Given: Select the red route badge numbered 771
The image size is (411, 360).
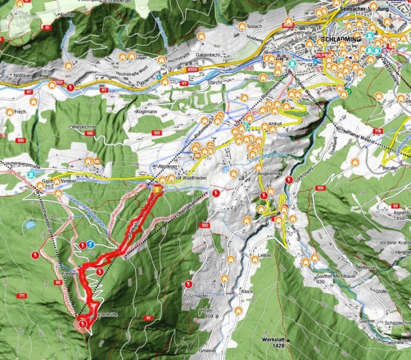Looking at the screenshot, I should click(x=22, y=297).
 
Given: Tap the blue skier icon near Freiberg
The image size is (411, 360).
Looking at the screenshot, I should click(x=91, y=244).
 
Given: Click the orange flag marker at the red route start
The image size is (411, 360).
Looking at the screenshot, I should click(x=158, y=189).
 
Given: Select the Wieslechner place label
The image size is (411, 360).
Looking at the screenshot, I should click(x=84, y=127).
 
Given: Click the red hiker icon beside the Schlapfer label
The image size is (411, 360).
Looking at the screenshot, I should click(x=187, y=285).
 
